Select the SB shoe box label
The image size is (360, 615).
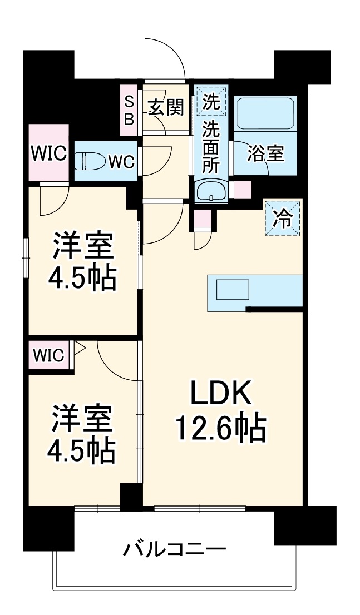click(x=129, y=110)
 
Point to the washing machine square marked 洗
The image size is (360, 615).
click(x=211, y=102)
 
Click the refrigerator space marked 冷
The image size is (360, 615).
click(x=283, y=218)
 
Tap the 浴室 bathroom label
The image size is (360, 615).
click(x=266, y=153)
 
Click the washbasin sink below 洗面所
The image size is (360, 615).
click(x=211, y=191)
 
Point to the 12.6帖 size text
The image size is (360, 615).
click(x=221, y=428)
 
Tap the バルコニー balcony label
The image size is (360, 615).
click(x=174, y=551)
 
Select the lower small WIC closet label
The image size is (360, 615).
click(x=51, y=354)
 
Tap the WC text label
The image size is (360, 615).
click(x=121, y=162)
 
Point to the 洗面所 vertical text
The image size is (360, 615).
click(x=211, y=147)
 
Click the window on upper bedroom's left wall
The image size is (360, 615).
click(x=25, y=256)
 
